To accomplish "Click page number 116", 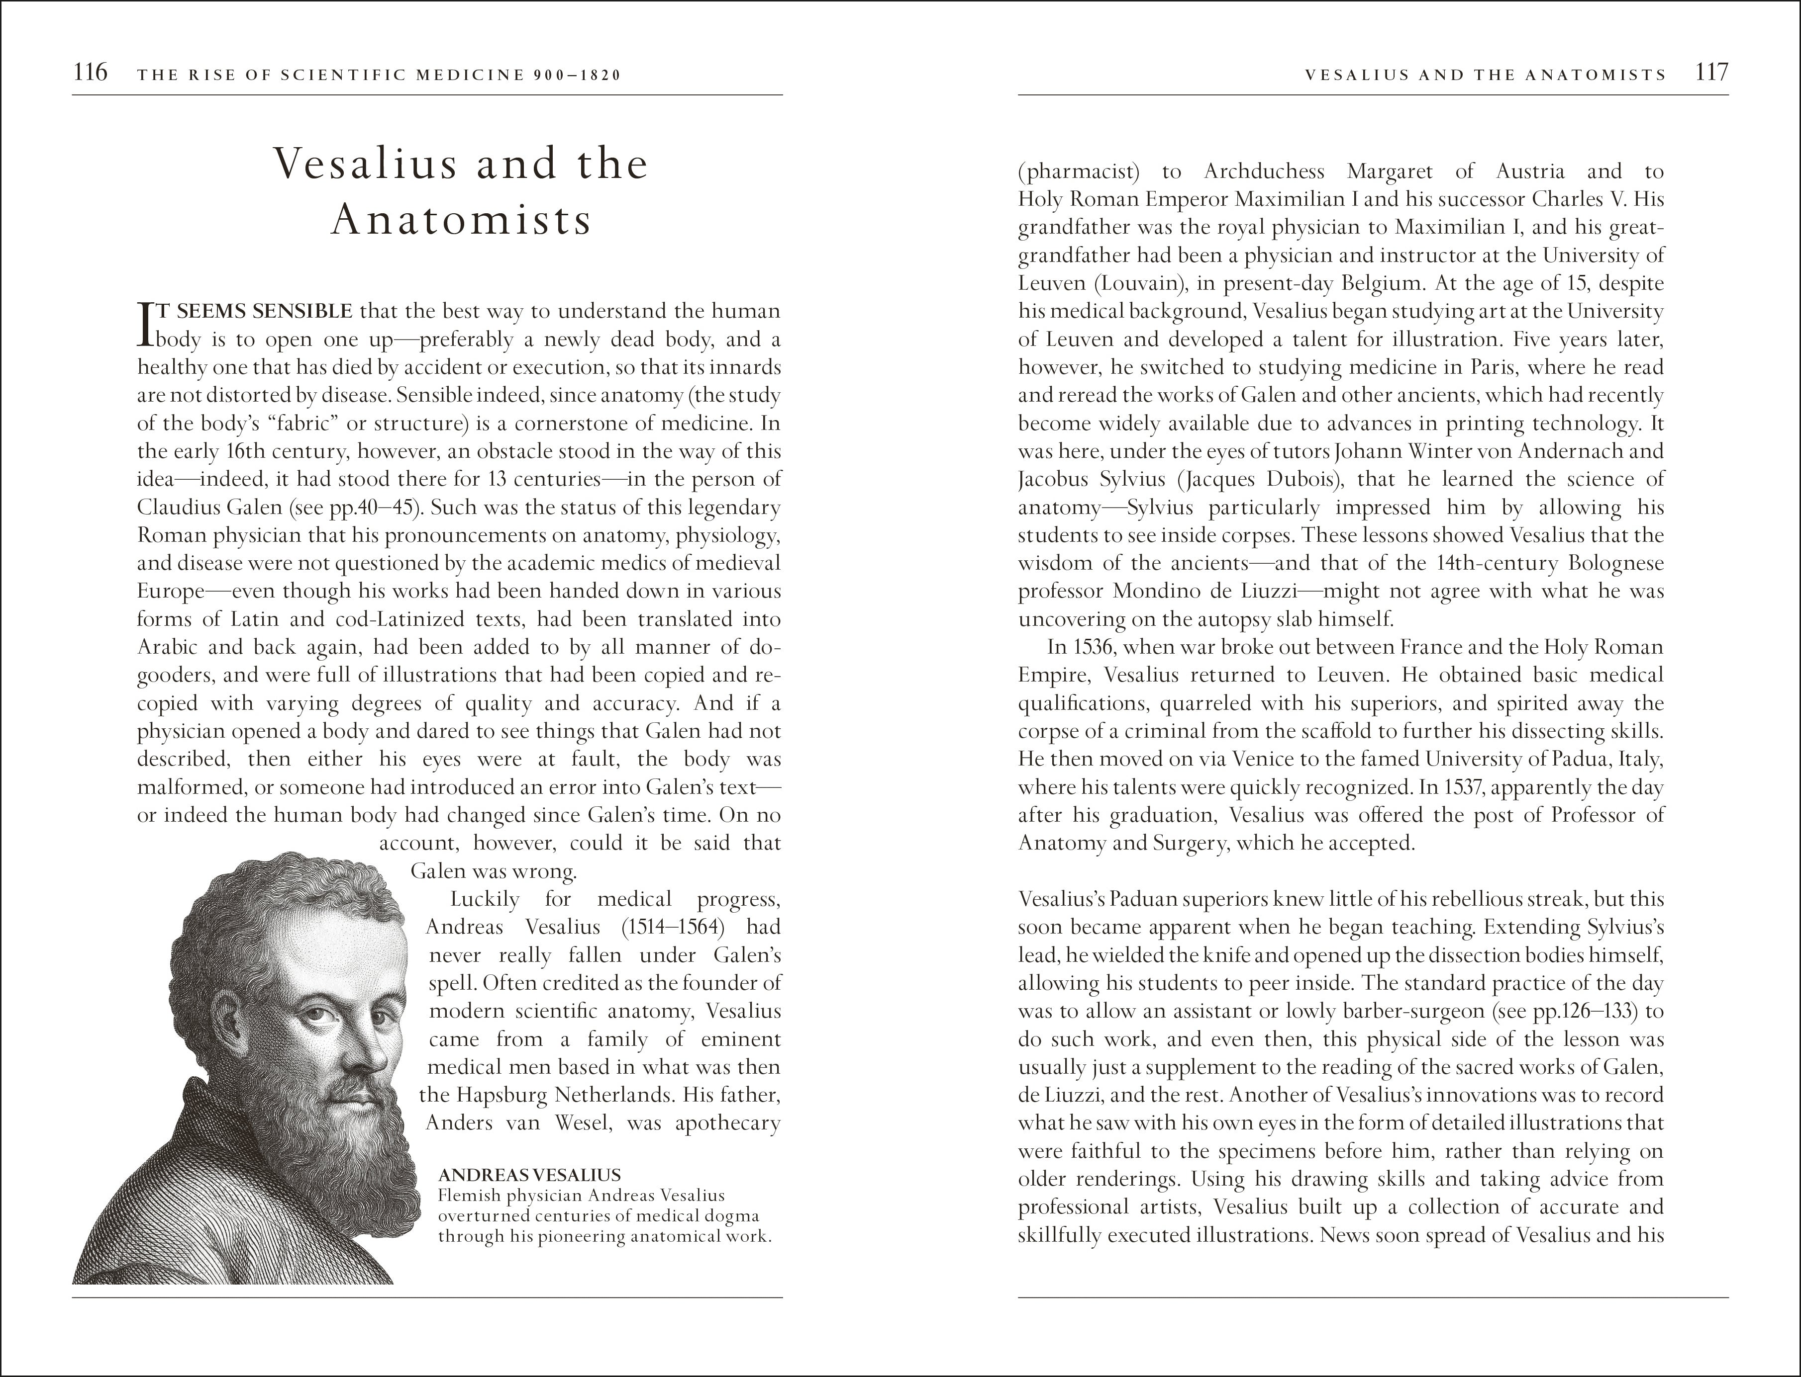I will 90,73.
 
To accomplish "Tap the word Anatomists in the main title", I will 461,220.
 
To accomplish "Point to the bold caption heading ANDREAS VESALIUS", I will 529,1175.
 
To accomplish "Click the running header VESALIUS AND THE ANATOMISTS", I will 1485,75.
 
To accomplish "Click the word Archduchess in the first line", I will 1264,172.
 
